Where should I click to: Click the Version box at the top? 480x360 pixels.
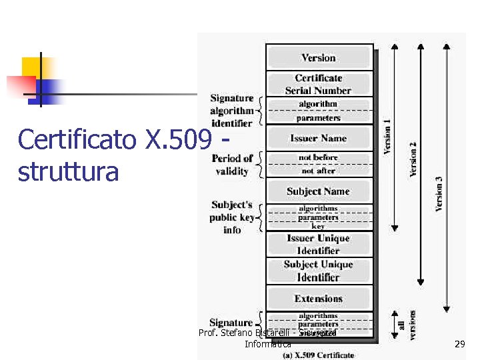click(319, 57)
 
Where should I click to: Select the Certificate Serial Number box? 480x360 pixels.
click(319, 84)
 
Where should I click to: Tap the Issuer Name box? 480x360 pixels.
click(319, 138)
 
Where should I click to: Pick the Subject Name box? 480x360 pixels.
click(319, 191)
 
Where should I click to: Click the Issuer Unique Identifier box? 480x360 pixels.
click(319, 244)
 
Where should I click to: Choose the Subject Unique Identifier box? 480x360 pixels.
click(319, 271)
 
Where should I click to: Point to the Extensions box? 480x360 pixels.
click(319, 298)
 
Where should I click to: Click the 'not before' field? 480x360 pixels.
click(319, 157)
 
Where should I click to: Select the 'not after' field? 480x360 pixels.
click(319, 171)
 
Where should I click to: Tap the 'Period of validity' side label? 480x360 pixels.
click(232, 165)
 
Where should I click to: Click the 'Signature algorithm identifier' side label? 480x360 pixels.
click(231, 111)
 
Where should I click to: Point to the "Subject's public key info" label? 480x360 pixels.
click(232, 217)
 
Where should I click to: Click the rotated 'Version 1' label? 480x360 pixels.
click(387, 137)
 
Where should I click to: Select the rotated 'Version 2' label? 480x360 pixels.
click(413, 159)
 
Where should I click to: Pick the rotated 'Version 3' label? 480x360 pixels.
click(439, 193)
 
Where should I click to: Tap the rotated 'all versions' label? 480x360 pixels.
click(407, 326)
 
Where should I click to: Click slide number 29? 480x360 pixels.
click(459, 344)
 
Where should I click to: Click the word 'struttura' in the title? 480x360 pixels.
click(69, 171)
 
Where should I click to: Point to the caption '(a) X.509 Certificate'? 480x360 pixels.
click(318, 355)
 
